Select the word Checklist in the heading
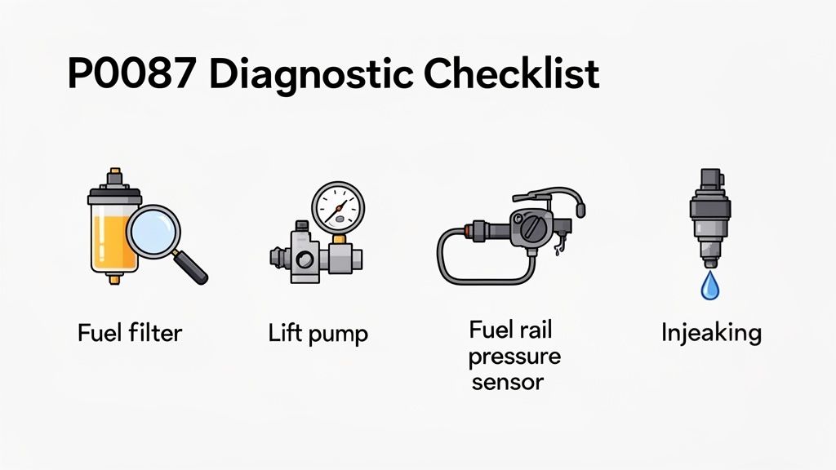(x=512, y=75)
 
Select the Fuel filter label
(x=130, y=334)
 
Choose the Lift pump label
(x=318, y=334)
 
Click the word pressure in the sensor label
(x=514, y=357)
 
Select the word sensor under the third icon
(x=508, y=381)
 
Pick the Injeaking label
(x=710, y=334)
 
